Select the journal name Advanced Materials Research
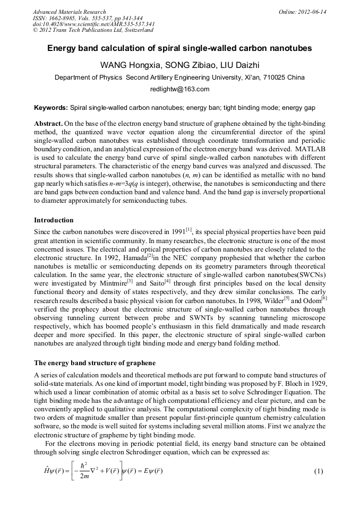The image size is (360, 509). pyautogui.click(x=69, y=12)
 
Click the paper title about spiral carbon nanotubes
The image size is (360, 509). pyautogui.click(x=179, y=48)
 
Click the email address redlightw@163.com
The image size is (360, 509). pyautogui.click(x=179, y=89)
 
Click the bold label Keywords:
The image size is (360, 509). pyautogui.click(x=51, y=108)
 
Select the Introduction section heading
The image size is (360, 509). pyautogui.click(x=54, y=220)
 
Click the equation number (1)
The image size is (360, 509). pyautogui.click(x=319, y=471)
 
